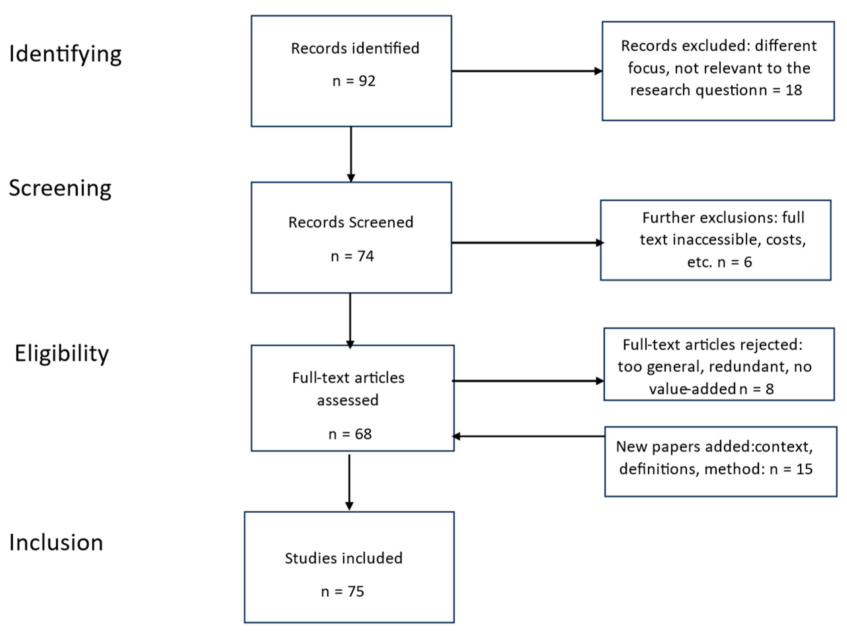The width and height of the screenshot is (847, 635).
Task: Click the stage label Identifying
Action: click(65, 54)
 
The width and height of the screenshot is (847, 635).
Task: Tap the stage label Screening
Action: click(60, 188)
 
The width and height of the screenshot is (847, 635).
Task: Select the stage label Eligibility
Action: click(61, 353)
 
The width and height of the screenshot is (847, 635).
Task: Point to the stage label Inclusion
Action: click(56, 542)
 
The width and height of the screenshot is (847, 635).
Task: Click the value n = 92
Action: click(354, 81)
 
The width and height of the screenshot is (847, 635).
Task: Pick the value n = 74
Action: click(352, 256)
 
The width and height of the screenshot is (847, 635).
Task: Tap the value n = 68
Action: click(350, 434)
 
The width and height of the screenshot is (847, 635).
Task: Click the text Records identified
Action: click(355, 48)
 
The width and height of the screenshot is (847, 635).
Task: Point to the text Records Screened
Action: click(351, 222)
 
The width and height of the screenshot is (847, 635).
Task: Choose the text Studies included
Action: click(343, 558)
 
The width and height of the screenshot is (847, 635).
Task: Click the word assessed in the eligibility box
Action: click(348, 400)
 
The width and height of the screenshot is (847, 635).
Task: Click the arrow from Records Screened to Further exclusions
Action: click(527, 242)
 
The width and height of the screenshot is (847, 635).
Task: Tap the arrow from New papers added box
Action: click(528, 436)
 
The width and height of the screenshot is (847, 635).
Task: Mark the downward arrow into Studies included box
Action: click(349, 483)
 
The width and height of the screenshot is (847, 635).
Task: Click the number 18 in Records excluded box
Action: click(793, 90)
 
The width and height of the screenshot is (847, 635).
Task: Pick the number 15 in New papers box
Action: click(804, 469)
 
